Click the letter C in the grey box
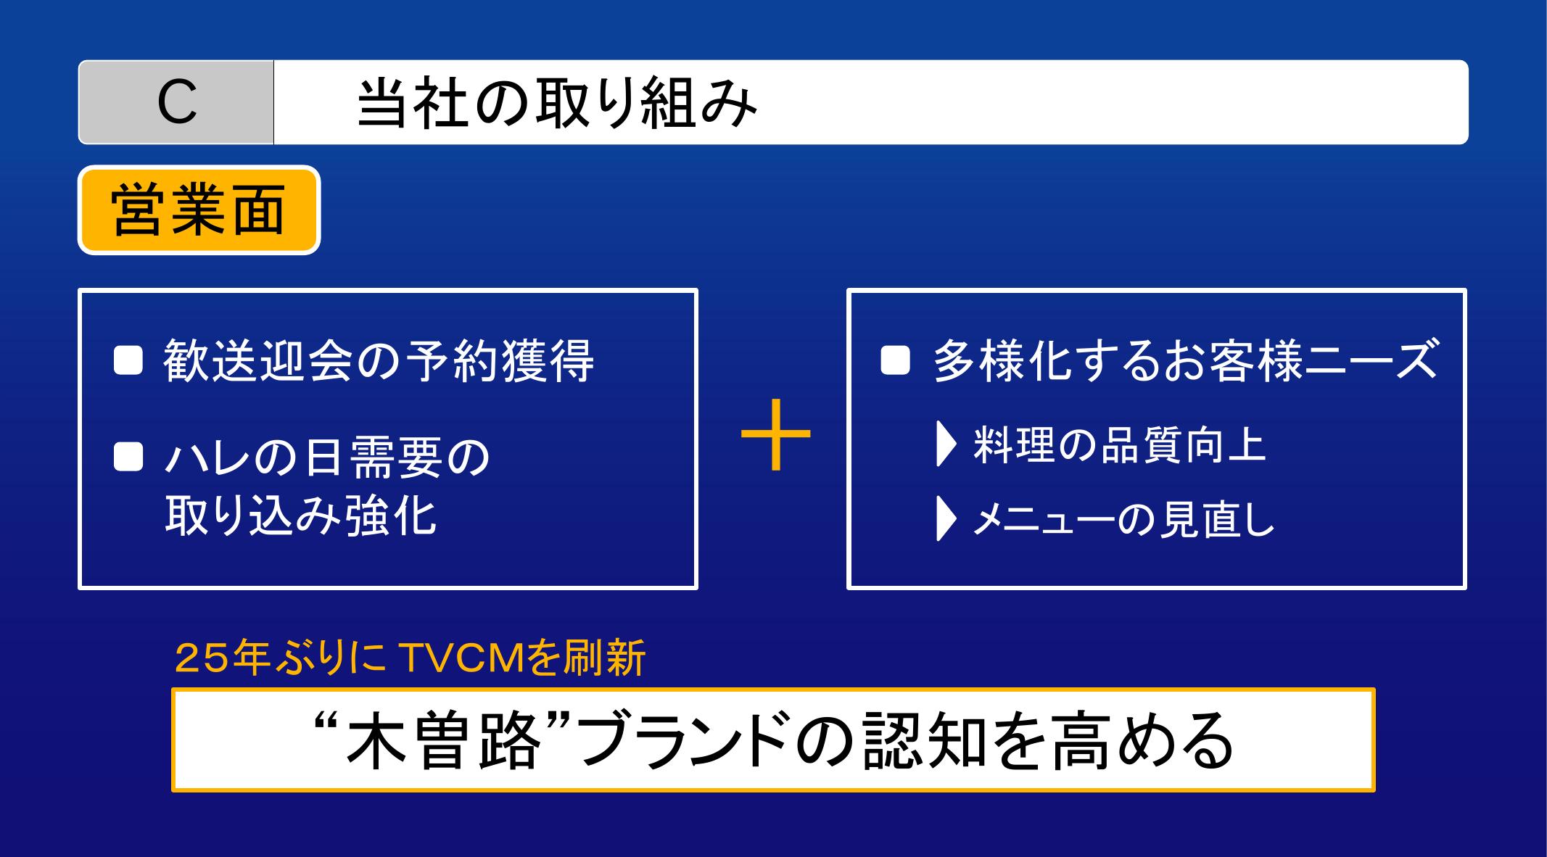pos(177,102)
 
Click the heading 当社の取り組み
pos(557,103)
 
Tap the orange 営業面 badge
pos(199,210)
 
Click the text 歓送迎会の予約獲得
pos(379,360)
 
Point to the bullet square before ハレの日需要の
pos(128,458)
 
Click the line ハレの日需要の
pos(328,458)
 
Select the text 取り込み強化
pos(300,516)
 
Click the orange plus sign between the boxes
pos(775,434)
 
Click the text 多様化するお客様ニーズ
pos(1185,360)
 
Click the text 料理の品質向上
pos(1119,445)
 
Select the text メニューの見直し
pos(1123,520)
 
